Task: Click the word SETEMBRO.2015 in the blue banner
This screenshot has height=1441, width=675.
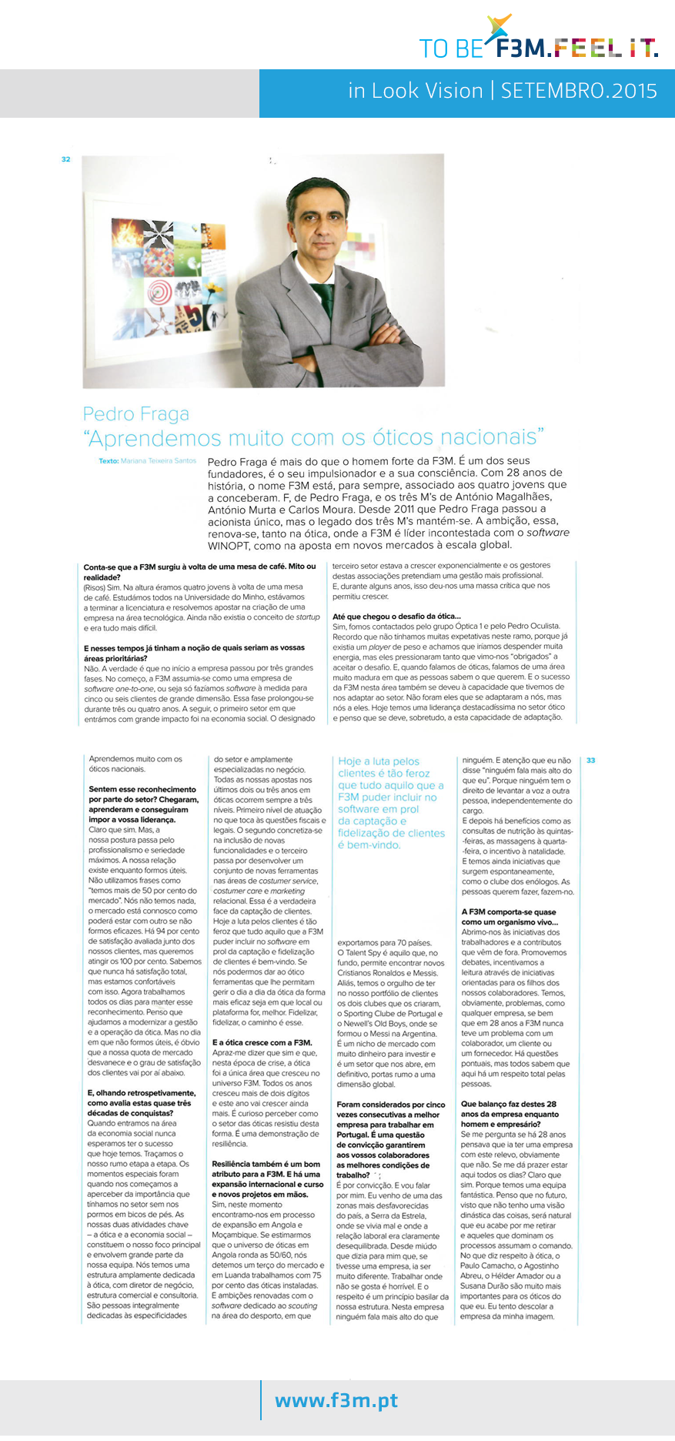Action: point(579,91)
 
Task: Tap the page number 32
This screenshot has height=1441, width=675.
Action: point(65,159)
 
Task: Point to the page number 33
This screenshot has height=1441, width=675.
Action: point(590,761)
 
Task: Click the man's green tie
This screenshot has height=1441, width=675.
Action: point(323,300)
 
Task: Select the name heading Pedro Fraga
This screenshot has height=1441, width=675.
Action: point(136,414)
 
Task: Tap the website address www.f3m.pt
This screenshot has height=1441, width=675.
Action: point(336,1399)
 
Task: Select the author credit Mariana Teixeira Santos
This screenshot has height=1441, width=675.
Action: point(158,461)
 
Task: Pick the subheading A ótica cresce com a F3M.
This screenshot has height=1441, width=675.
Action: point(262,1042)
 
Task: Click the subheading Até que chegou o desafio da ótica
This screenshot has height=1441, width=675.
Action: point(396,616)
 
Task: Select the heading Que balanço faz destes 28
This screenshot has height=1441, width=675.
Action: point(508,1104)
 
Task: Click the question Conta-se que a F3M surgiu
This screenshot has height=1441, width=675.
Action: point(199,567)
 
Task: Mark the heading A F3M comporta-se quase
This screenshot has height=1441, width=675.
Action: point(508,911)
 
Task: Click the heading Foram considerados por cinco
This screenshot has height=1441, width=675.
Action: point(390,1104)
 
